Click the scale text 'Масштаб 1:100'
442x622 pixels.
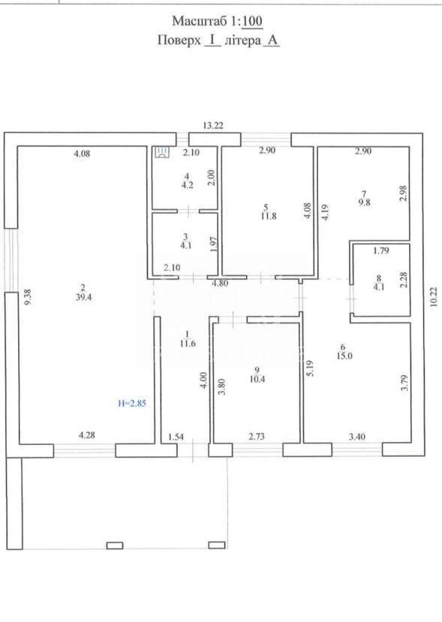coord(217,21)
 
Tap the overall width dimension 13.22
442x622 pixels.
coord(213,126)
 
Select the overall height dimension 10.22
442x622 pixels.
coord(433,296)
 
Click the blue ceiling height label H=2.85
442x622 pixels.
coord(132,404)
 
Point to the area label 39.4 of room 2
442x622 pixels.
coord(84,296)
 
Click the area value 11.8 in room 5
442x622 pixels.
coord(268,216)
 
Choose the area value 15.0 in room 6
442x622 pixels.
coord(344,356)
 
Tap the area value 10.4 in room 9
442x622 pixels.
coord(257,379)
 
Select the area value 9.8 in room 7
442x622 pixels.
coord(364,203)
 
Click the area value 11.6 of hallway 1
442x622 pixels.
coord(188,344)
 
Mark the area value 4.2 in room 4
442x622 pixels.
coord(188,185)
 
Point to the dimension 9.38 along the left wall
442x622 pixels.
coord(27,296)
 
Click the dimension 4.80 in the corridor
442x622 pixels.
coord(220,283)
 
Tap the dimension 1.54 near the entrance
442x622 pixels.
coord(176,437)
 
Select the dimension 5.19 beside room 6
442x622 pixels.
coord(310,368)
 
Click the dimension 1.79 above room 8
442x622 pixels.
coord(381,251)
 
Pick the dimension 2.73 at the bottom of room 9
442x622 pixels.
coord(257,437)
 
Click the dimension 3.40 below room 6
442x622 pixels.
coord(356,437)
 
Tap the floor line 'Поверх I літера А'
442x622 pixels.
coord(218,41)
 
